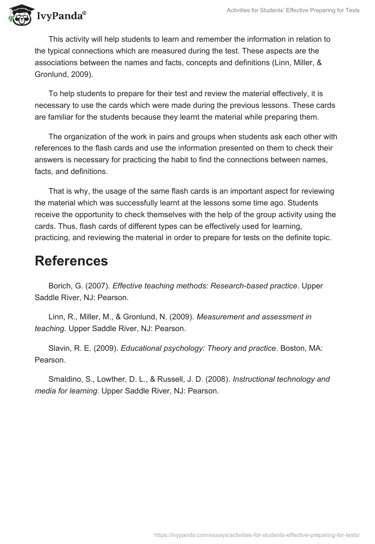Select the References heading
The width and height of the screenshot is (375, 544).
coord(71,261)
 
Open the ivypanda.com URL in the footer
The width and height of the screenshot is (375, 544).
coord(257,534)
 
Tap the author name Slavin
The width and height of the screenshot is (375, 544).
coord(59,348)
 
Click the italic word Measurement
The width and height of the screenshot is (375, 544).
coord(220,317)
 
